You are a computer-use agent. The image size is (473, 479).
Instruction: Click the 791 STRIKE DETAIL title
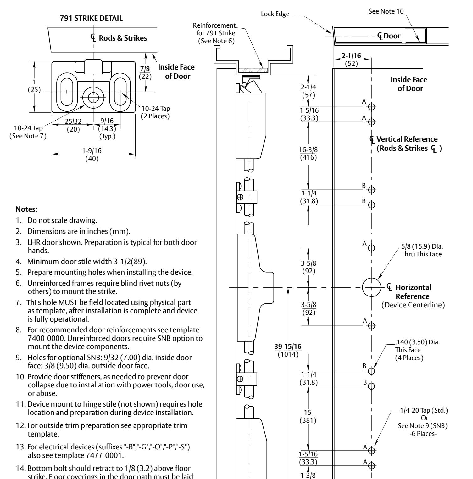click(91, 18)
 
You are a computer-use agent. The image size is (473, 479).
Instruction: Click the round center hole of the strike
click(93, 97)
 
